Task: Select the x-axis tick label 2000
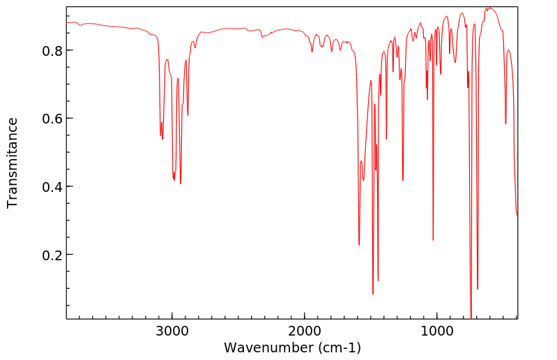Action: (305, 331)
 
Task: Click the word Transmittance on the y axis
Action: (13, 163)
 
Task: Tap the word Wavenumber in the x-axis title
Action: (265, 347)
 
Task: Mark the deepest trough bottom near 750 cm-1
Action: (471, 318)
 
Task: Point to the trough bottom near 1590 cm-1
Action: (359, 245)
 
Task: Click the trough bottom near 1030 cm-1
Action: (433, 241)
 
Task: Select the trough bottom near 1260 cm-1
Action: (403, 181)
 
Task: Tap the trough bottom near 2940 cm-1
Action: (181, 183)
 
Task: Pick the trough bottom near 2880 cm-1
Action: (188, 115)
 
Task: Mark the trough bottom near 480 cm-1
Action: (505, 124)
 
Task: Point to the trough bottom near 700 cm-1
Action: (478, 289)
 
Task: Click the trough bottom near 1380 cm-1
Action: (386, 139)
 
